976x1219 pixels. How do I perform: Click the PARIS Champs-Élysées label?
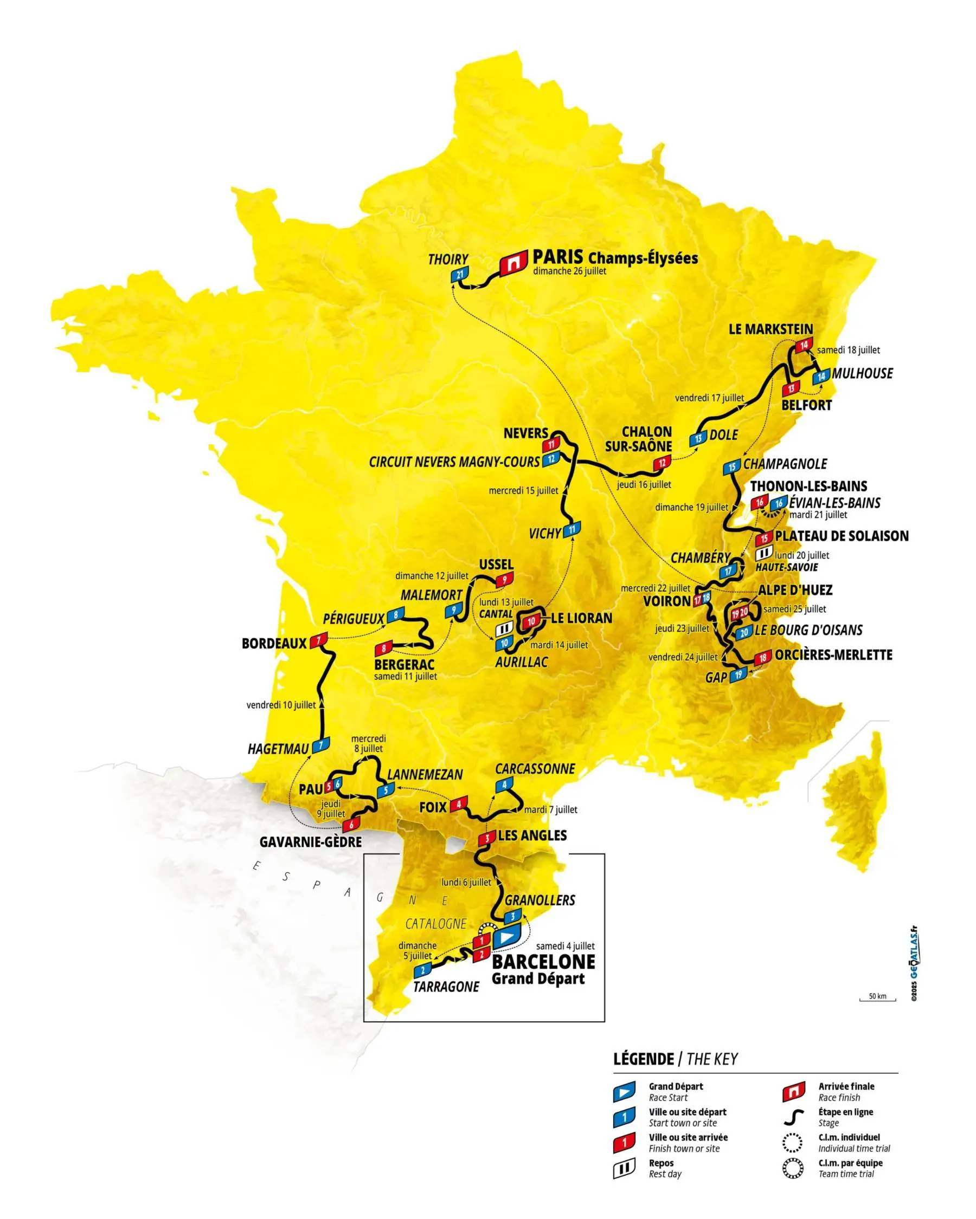(x=614, y=258)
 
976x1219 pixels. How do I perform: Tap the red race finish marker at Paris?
(x=513, y=263)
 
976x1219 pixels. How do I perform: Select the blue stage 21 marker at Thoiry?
(x=459, y=275)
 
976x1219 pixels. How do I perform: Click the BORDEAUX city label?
(x=274, y=644)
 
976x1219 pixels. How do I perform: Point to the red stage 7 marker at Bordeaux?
(x=318, y=640)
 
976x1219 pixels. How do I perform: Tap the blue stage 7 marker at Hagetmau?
(x=321, y=745)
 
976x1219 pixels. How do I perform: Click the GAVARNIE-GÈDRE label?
(x=310, y=842)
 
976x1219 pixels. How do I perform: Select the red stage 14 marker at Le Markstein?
(x=804, y=346)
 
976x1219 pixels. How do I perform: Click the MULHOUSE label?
(x=862, y=373)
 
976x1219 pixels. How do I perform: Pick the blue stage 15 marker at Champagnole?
(x=731, y=467)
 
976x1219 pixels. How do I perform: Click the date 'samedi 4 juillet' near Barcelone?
(x=564, y=946)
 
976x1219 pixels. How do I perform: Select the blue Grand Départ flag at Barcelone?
(x=506, y=936)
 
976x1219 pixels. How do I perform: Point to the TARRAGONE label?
(x=446, y=987)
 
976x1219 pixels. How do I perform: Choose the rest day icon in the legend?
(x=624, y=1169)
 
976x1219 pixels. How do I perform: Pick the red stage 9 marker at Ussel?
(x=504, y=580)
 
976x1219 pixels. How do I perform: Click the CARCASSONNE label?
(x=535, y=768)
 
